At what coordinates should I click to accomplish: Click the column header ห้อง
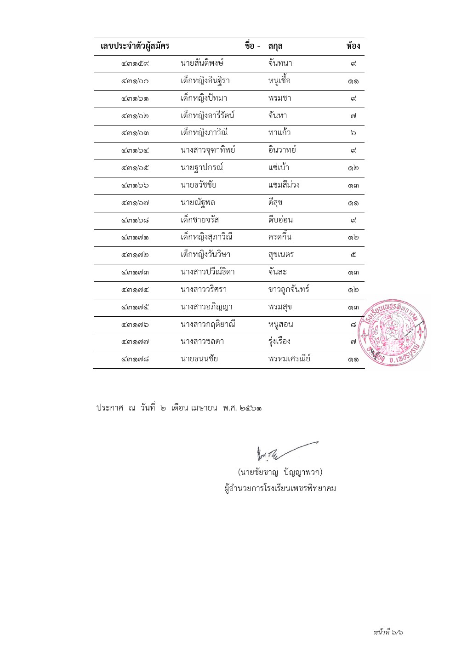point(353,46)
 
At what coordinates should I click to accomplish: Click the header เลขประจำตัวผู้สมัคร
point(135,46)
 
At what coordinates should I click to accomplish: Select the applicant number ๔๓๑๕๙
point(135,63)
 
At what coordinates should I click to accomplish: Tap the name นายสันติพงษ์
point(202,63)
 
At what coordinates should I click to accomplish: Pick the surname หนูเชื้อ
point(279,81)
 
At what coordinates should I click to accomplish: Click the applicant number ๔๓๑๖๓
point(135,133)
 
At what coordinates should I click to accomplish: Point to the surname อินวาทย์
point(282,150)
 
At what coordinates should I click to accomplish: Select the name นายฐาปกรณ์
point(202,168)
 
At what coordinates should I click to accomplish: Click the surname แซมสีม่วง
point(284,185)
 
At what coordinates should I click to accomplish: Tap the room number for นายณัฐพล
point(353,203)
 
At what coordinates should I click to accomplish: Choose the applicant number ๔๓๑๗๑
point(135,238)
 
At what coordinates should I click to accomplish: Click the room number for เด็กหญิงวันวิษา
point(353,255)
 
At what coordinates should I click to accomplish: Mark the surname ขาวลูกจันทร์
point(289,290)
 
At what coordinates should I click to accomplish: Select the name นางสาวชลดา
point(202,342)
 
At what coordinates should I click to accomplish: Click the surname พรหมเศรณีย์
point(289,359)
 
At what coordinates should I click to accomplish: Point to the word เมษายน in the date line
point(204,408)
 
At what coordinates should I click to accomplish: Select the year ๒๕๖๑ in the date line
point(251,408)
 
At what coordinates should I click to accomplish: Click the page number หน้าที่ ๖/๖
point(388,633)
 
